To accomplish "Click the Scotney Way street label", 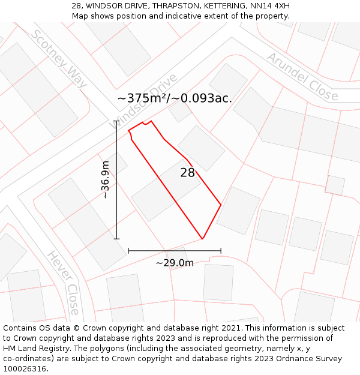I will click(x=59, y=58).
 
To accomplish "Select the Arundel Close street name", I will click(x=302, y=76).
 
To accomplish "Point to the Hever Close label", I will click(x=64, y=283).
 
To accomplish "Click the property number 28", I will click(x=188, y=173).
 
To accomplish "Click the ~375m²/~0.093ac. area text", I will click(x=175, y=98).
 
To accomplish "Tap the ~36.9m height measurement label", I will click(x=105, y=179).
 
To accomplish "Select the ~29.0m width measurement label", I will click(x=175, y=263).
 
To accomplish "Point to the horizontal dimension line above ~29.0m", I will click(x=175, y=250).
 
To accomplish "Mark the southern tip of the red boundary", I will click(x=202, y=239).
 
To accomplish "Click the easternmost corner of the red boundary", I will click(x=221, y=205).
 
